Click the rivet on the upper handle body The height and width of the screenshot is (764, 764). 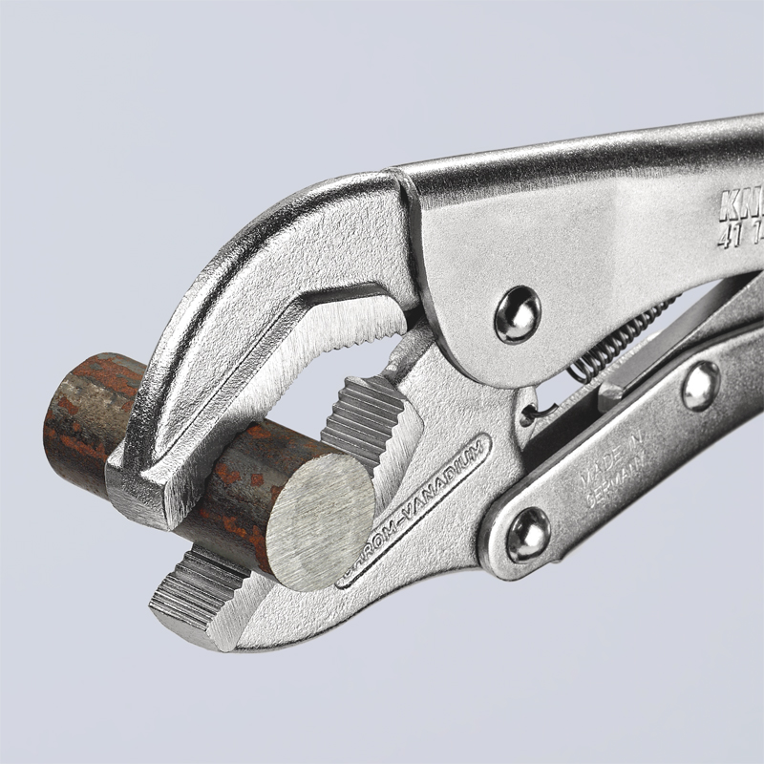pyautogui.click(x=517, y=314)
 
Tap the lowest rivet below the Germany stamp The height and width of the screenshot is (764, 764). pyautogui.click(x=527, y=533)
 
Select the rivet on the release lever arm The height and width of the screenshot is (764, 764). pyautogui.click(x=700, y=385)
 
